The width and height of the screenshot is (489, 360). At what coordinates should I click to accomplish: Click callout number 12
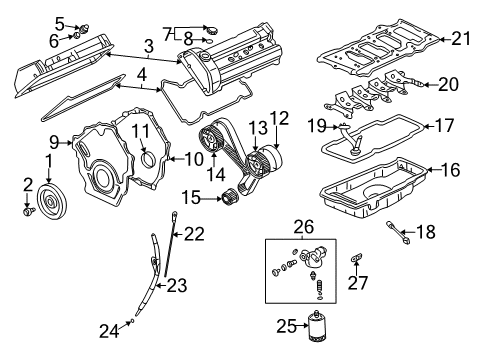[278, 118]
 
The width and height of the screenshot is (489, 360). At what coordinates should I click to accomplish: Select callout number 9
[55, 141]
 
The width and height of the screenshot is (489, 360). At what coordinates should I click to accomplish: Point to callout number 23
[176, 285]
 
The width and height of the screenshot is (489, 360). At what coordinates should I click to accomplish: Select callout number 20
[447, 84]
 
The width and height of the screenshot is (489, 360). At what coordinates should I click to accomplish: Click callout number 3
[147, 46]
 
